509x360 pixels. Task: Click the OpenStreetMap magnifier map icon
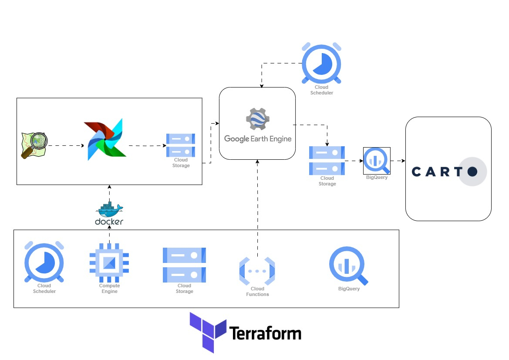point(34,145)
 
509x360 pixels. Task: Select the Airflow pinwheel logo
point(105,139)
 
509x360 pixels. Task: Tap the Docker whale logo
point(109,210)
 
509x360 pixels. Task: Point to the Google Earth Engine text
point(257,139)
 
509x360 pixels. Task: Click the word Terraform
point(265,333)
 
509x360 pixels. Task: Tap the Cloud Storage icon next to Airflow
point(181,145)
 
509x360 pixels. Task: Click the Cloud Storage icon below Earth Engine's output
point(327,160)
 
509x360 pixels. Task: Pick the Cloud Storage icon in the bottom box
point(184,265)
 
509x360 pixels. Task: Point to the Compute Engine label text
point(109,289)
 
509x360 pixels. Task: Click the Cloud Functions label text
point(257,292)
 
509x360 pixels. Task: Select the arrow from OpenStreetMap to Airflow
point(65,145)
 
